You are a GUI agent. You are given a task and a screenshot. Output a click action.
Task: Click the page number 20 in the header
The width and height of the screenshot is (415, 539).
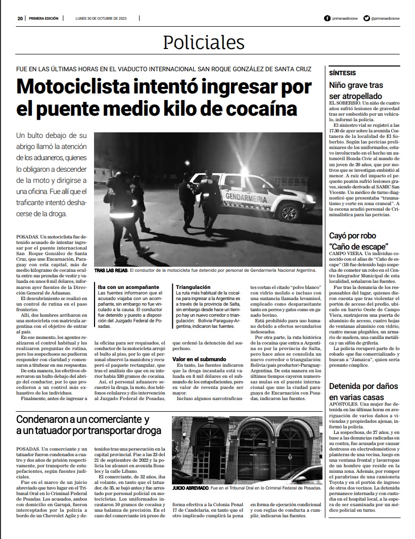(x=20, y=18)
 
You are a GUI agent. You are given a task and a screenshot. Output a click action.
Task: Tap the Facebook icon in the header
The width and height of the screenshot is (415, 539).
(x=328, y=18)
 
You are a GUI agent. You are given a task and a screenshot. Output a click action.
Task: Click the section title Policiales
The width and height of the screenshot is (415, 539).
(x=204, y=43)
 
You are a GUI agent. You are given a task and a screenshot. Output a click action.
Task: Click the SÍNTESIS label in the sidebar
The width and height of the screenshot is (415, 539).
(x=342, y=73)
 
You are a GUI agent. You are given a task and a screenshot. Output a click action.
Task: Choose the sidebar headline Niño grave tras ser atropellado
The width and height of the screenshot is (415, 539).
(x=357, y=90)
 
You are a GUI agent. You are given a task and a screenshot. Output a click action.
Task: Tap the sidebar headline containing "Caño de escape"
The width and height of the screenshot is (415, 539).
(x=359, y=241)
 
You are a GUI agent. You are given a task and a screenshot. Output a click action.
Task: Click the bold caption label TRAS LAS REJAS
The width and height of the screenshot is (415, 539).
(x=110, y=271)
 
